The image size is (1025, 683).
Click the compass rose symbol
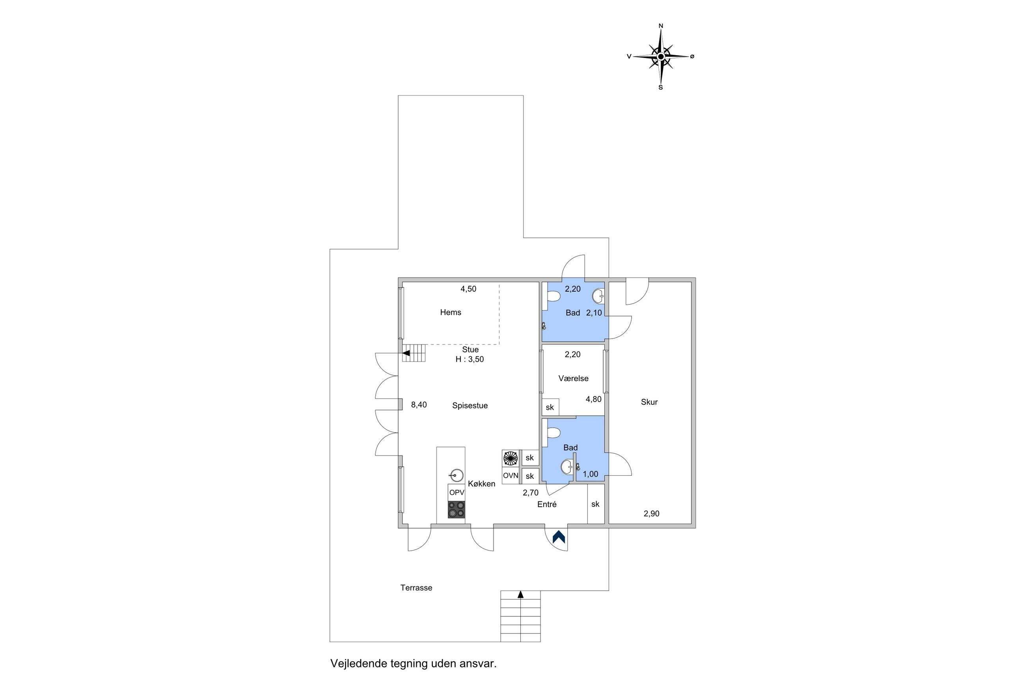tap(660, 57)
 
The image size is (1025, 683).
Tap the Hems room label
tap(451, 312)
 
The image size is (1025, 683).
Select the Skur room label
tap(649, 402)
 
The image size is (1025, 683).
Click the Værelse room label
tap(573, 378)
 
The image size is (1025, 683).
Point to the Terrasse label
tap(416, 588)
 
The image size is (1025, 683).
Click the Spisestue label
tap(470, 406)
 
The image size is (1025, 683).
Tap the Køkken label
tap(481, 484)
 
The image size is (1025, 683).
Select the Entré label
tap(547, 504)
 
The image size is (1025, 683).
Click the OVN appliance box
tap(511, 476)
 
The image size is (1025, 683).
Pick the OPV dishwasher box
tap(457, 493)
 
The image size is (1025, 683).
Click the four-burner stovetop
tap(457, 510)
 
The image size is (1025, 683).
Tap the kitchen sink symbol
tap(457, 475)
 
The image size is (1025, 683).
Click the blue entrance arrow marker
tap(559, 537)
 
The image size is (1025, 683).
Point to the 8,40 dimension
tap(419, 405)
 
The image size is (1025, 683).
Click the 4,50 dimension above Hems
tap(468, 289)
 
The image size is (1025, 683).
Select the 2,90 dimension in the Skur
tap(651, 514)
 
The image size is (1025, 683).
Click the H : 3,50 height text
tap(470, 359)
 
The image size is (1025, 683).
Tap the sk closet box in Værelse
tap(550, 407)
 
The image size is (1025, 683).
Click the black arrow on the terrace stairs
tap(520, 594)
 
